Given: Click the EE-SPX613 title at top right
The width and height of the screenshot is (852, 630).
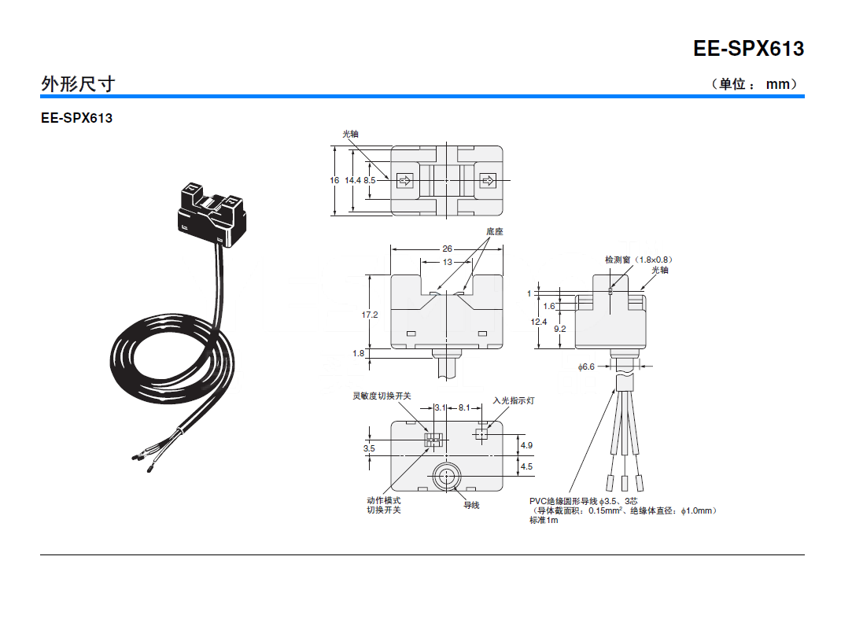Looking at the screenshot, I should [748, 49].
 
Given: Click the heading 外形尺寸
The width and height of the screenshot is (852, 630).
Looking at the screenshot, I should [78, 83].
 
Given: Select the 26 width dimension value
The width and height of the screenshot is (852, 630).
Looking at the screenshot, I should [447, 249].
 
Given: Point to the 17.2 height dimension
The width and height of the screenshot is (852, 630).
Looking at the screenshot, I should [370, 315].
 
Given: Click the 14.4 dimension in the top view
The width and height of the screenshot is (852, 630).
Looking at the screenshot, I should [352, 180].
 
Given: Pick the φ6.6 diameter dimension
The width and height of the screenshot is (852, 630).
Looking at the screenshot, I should [586, 367].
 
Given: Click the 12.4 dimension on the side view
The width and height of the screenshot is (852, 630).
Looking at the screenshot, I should [538, 322].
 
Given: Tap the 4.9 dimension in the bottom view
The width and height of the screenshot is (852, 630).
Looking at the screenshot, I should [526, 445].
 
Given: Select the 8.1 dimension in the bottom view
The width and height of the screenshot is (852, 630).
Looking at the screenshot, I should [464, 407].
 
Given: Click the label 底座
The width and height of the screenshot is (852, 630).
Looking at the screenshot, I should [494, 231].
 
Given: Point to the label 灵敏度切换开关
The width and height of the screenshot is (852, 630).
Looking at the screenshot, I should [382, 396].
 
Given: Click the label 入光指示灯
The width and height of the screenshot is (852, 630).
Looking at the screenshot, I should [514, 400].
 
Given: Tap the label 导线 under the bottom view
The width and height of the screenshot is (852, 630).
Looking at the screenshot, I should [471, 505].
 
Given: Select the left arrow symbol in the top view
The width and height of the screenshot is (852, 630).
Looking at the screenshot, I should [406, 182].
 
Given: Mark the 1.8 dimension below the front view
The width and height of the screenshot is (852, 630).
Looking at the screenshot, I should [359, 354].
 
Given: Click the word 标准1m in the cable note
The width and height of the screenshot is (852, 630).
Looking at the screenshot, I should [544, 521].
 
